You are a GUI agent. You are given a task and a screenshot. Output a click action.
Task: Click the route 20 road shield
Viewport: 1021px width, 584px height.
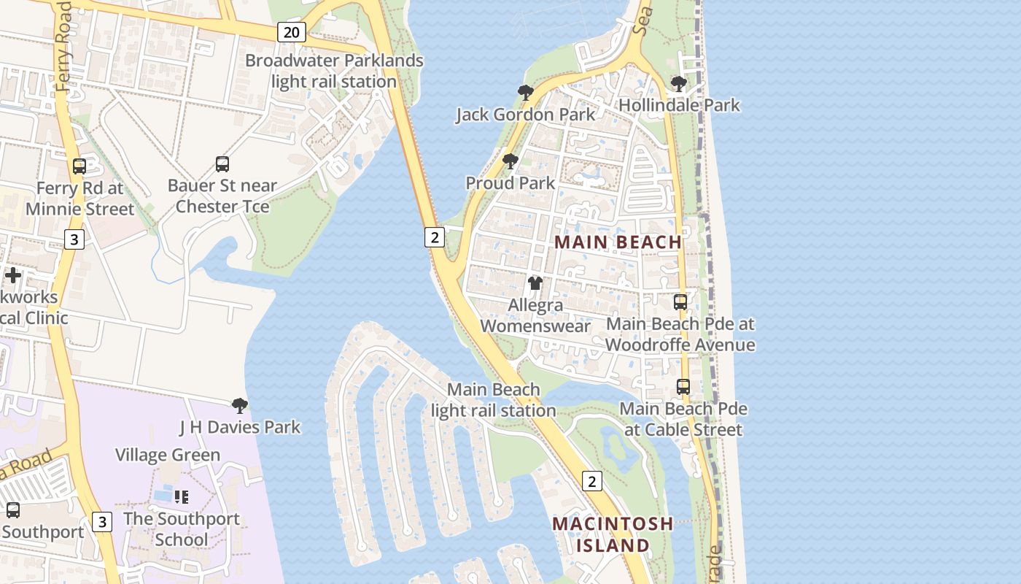[x=291, y=31]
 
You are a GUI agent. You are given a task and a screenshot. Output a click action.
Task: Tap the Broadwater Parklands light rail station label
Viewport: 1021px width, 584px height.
[x=334, y=71]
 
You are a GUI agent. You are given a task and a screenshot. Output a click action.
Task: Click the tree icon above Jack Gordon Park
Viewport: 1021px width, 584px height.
[x=525, y=92]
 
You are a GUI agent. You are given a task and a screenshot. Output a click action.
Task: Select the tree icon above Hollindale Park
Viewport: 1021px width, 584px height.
[x=678, y=84]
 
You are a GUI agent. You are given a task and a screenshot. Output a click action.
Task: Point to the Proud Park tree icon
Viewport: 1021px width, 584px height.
[x=510, y=161]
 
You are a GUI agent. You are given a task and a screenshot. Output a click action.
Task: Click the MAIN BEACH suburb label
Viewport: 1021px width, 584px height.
[x=618, y=242]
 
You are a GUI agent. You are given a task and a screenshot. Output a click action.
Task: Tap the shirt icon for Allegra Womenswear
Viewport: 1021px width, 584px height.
[x=535, y=283]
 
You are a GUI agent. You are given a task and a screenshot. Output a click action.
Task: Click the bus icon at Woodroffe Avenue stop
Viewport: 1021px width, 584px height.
[x=680, y=301]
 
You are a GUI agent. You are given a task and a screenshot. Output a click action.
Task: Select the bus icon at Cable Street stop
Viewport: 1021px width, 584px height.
[x=683, y=387]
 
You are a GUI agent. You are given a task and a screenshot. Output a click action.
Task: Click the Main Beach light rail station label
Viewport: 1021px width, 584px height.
[x=494, y=400]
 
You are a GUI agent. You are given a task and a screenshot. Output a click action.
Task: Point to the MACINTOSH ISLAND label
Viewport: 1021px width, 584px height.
[x=613, y=534]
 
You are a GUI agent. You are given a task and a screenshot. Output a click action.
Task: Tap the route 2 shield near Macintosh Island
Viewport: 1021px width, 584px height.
[x=591, y=480]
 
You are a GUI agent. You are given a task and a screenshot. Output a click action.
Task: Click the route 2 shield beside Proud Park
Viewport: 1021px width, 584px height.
[x=435, y=237]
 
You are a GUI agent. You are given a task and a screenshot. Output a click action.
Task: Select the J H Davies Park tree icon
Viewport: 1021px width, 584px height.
[x=239, y=405]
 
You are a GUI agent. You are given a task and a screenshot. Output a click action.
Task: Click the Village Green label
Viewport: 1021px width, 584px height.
[x=168, y=455]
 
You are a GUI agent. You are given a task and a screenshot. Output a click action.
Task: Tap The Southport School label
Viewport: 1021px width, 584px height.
[x=182, y=529]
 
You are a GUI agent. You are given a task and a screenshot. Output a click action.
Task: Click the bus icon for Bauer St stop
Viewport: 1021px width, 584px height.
[x=222, y=164]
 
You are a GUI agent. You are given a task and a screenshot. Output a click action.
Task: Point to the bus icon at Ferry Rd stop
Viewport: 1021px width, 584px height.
[x=79, y=166]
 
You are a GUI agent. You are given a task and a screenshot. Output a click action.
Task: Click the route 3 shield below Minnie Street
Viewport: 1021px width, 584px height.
[x=74, y=239]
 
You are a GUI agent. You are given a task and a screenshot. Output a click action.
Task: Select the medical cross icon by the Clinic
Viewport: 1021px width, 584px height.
[x=13, y=275]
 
